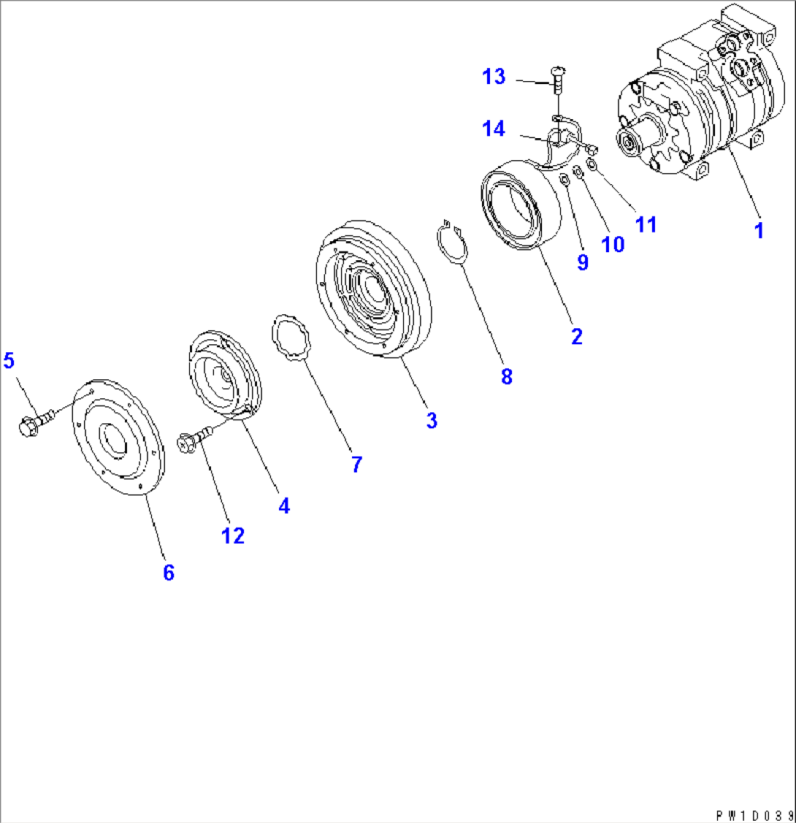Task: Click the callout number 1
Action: (x=759, y=230)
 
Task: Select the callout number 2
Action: (x=577, y=336)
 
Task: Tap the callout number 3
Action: (x=432, y=420)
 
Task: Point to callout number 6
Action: (x=169, y=572)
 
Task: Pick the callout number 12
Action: (x=233, y=536)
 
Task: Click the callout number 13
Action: (x=494, y=77)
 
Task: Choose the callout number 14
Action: (x=494, y=129)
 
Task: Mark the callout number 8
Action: (x=506, y=376)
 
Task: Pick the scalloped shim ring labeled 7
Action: (x=291, y=338)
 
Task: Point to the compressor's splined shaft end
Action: (x=629, y=140)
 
